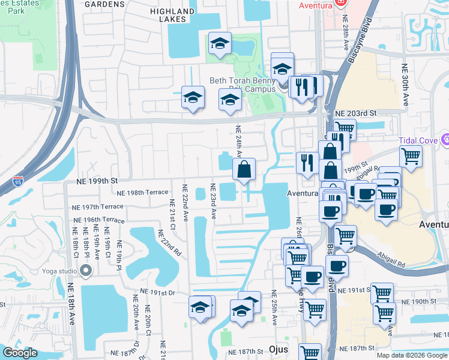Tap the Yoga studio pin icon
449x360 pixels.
click(x=86, y=271)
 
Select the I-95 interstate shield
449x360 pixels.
click(x=17, y=180)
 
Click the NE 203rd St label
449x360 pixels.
click(x=355, y=113)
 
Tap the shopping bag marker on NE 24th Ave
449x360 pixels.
click(x=244, y=170)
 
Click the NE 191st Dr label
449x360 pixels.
click(x=158, y=292)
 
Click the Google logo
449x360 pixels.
click(x=20, y=353)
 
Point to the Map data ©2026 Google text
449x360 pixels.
click(x=412, y=355)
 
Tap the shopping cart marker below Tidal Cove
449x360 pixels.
click(x=411, y=157)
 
